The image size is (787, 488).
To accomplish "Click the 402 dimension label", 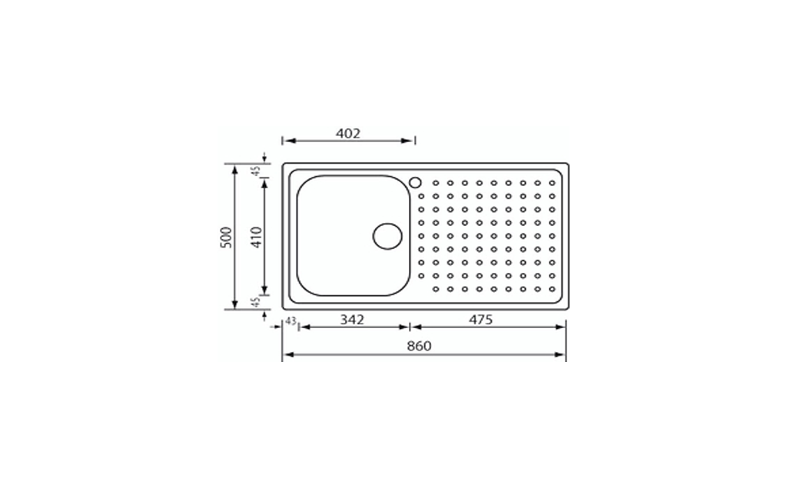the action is pyautogui.click(x=348, y=134).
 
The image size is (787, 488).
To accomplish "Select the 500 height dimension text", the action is pyautogui.click(x=227, y=237).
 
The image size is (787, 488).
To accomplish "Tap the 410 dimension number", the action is pyautogui.click(x=257, y=237).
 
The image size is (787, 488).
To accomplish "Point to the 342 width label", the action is pyautogui.click(x=352, y=319).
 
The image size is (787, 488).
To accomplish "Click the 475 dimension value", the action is pyautogui.click(x=481, y=319).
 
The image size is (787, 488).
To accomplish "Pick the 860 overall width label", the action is pyautogui.click(x=420, y=346).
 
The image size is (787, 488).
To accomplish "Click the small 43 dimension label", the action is pyautogui.click(x=291, y=320).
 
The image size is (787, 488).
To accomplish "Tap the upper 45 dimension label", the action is pyautogui.click(x=256, y=171).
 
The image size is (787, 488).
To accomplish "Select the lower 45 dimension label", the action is pyautogui.click(x=256, y=302).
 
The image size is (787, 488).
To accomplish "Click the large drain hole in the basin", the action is pyautogui.click(x=387, y=236).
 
